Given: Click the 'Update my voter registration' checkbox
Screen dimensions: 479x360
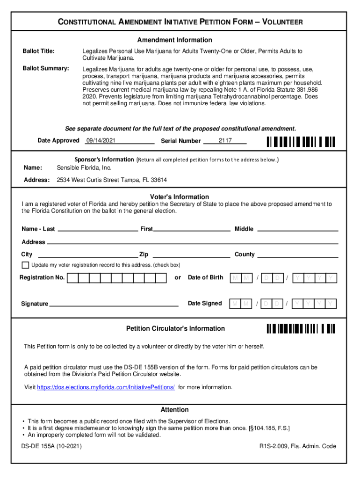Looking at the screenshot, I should tap(25, 265).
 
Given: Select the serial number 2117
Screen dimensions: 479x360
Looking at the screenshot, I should tap(225, 140).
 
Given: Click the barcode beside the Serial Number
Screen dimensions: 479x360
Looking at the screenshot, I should tap(301, 141).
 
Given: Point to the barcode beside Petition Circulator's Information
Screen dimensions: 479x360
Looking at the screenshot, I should tap(301, 328).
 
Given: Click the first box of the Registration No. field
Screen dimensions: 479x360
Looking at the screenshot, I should tap(72, 278).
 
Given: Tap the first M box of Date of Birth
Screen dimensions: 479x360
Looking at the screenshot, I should tap(235, 278).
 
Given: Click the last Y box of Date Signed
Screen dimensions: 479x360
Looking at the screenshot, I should tap(331, 304).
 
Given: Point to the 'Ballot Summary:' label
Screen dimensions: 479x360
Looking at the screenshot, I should tap(46, 69).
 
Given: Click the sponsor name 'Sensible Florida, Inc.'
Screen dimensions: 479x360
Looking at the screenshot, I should tap(84, 167).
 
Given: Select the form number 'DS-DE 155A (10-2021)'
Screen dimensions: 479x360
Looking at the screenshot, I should tap(51, 446).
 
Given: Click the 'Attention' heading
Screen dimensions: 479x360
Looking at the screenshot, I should tap(174, 409).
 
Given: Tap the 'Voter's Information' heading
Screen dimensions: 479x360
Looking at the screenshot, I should tap(180, 197).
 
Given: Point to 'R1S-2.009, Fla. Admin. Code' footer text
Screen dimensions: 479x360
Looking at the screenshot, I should tap(298, 446).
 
